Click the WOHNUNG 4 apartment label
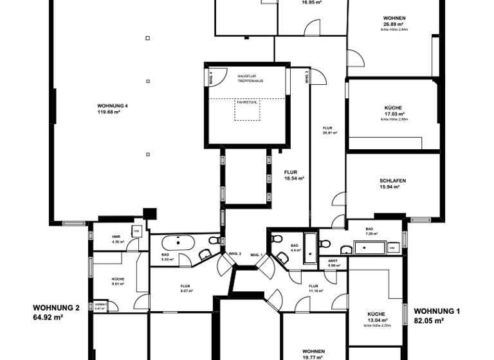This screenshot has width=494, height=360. [108, 108]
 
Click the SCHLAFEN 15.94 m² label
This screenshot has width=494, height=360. [392, 183]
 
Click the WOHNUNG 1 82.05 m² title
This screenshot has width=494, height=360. [437, 315]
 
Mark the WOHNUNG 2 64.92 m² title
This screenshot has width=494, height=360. [57, 312]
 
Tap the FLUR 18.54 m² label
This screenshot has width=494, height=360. [293, 175]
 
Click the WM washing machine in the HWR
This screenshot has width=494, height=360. [136, 230]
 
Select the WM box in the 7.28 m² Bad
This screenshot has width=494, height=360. [393, 248]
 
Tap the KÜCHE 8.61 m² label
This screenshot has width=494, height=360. [117, 280]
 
